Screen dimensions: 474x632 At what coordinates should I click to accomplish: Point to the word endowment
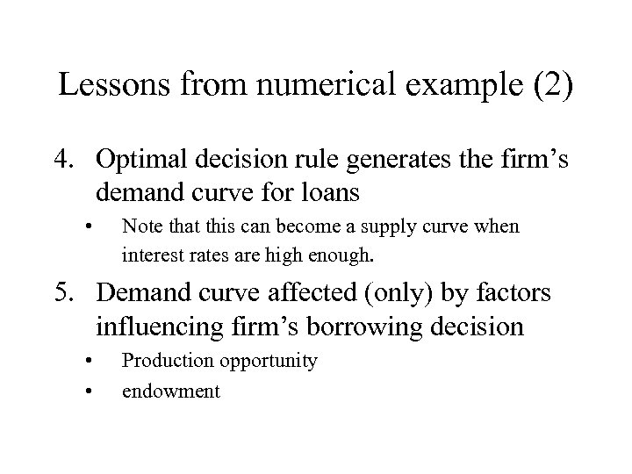[171, 391]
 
